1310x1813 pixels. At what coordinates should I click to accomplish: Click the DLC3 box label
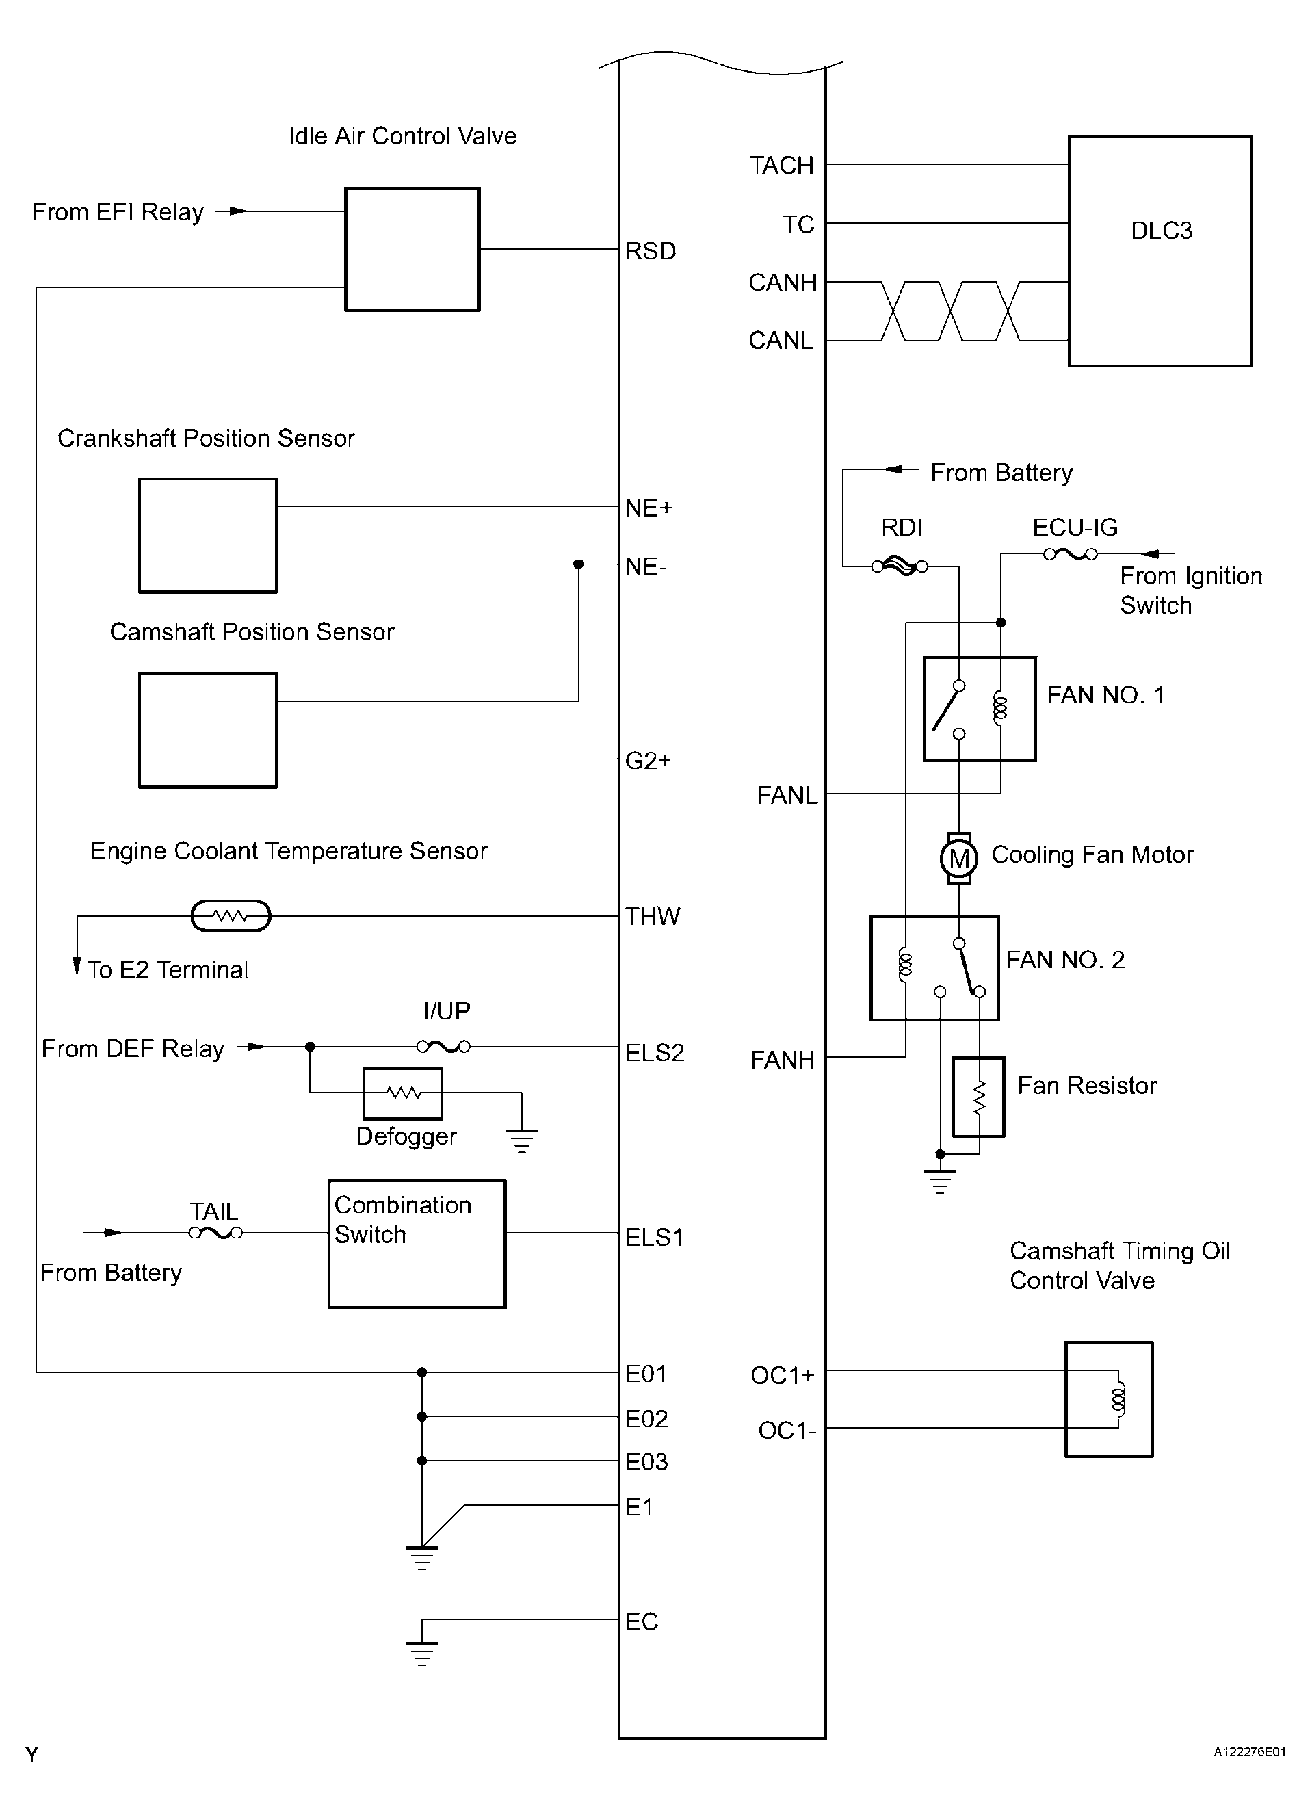point(1162,231)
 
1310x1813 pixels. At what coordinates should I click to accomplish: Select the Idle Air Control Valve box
point(412,250)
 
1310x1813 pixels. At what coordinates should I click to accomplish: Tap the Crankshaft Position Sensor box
point(208,536)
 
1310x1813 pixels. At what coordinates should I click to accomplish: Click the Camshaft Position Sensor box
point(208,730)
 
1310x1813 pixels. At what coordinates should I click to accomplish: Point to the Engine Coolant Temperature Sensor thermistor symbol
point(231,916)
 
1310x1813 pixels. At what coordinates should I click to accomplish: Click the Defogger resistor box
point(403,1093)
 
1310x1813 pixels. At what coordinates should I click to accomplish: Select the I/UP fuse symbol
point(443,1046)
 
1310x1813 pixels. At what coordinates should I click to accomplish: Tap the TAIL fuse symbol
point(215,1233)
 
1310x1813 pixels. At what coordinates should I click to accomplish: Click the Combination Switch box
point(417,1244)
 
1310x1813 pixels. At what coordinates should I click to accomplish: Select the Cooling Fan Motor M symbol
point(959,859)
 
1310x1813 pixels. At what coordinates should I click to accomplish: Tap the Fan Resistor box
point(978,1097)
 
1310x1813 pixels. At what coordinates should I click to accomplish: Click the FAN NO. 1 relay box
point(980,709)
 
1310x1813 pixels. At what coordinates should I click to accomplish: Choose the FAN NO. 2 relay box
point(934,968)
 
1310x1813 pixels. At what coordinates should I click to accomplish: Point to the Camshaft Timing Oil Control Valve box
point(1110,1399)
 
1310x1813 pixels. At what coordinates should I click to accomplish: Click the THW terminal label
point(652,916)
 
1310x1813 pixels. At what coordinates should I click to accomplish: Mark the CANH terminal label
point(783,282)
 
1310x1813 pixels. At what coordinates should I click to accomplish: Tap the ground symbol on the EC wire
point(422,1652)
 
